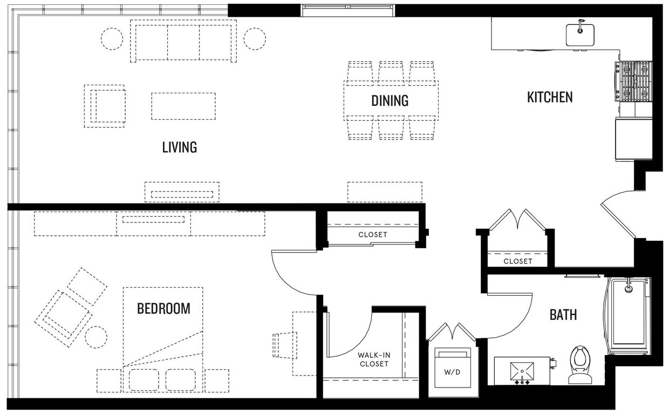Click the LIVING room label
pos(179,147)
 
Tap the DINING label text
pos(390,101)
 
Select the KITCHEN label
pos(549,97)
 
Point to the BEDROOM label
pos(163,309)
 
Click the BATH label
pos(563,314)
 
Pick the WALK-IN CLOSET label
pos(373,359)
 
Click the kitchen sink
pos(580,34)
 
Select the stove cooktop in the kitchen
pos(633,81)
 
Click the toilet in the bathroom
pos(580,364)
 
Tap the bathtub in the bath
pos(629,316)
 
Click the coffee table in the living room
pos(183,106)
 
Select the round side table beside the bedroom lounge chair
pos(97,337)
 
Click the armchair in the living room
pos(105,106)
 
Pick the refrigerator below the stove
pos(633,139)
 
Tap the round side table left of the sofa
pos(112,39)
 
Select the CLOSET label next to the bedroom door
pos(373,235)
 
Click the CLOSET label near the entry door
pos(517,261)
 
